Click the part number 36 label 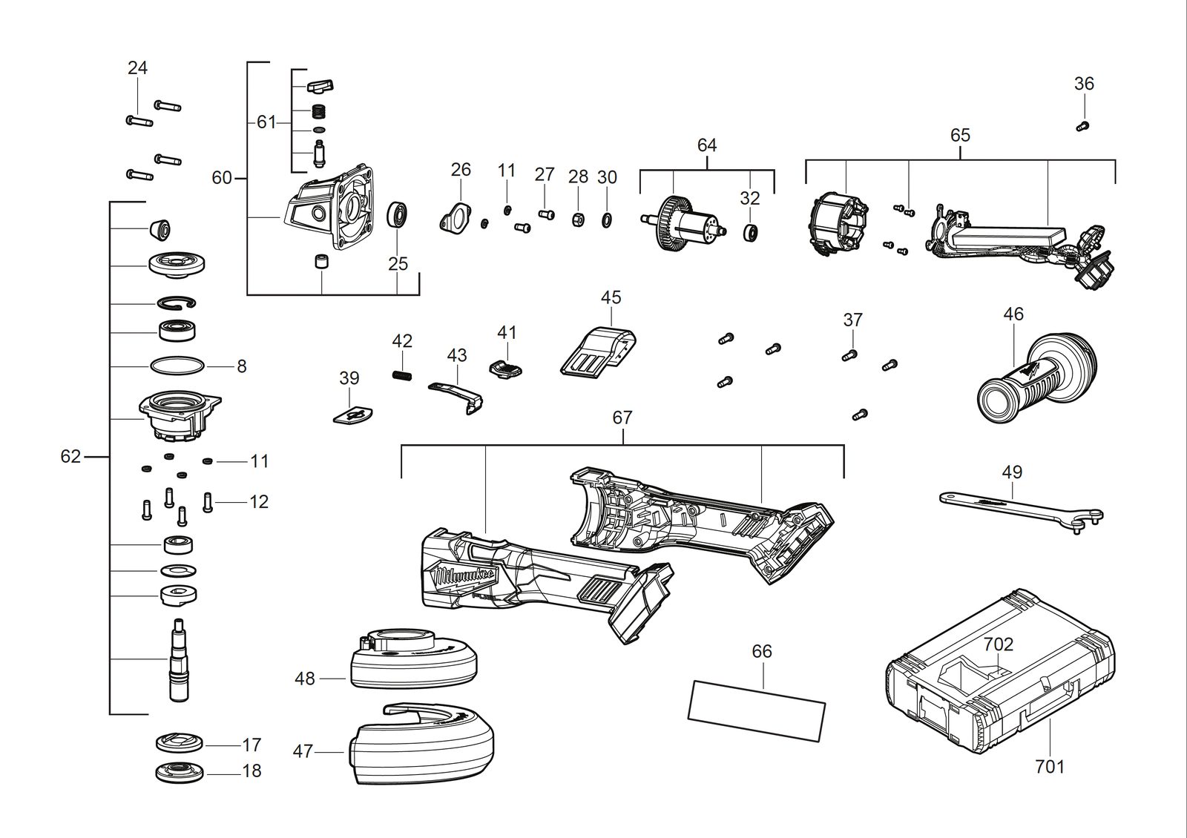(x=1084, y=83)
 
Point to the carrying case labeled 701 (x=999, y=672)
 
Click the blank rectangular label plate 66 (x=757, y=710)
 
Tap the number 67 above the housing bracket (x=622, y=418)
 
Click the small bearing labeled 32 (x=750, y=232)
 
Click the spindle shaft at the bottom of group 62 (x=178, y=660)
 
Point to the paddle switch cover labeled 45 (x=598, y=352)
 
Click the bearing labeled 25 (x=397, y=214)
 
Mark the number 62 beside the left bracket (x=70, y=456)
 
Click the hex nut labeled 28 (x=578, y=219)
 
